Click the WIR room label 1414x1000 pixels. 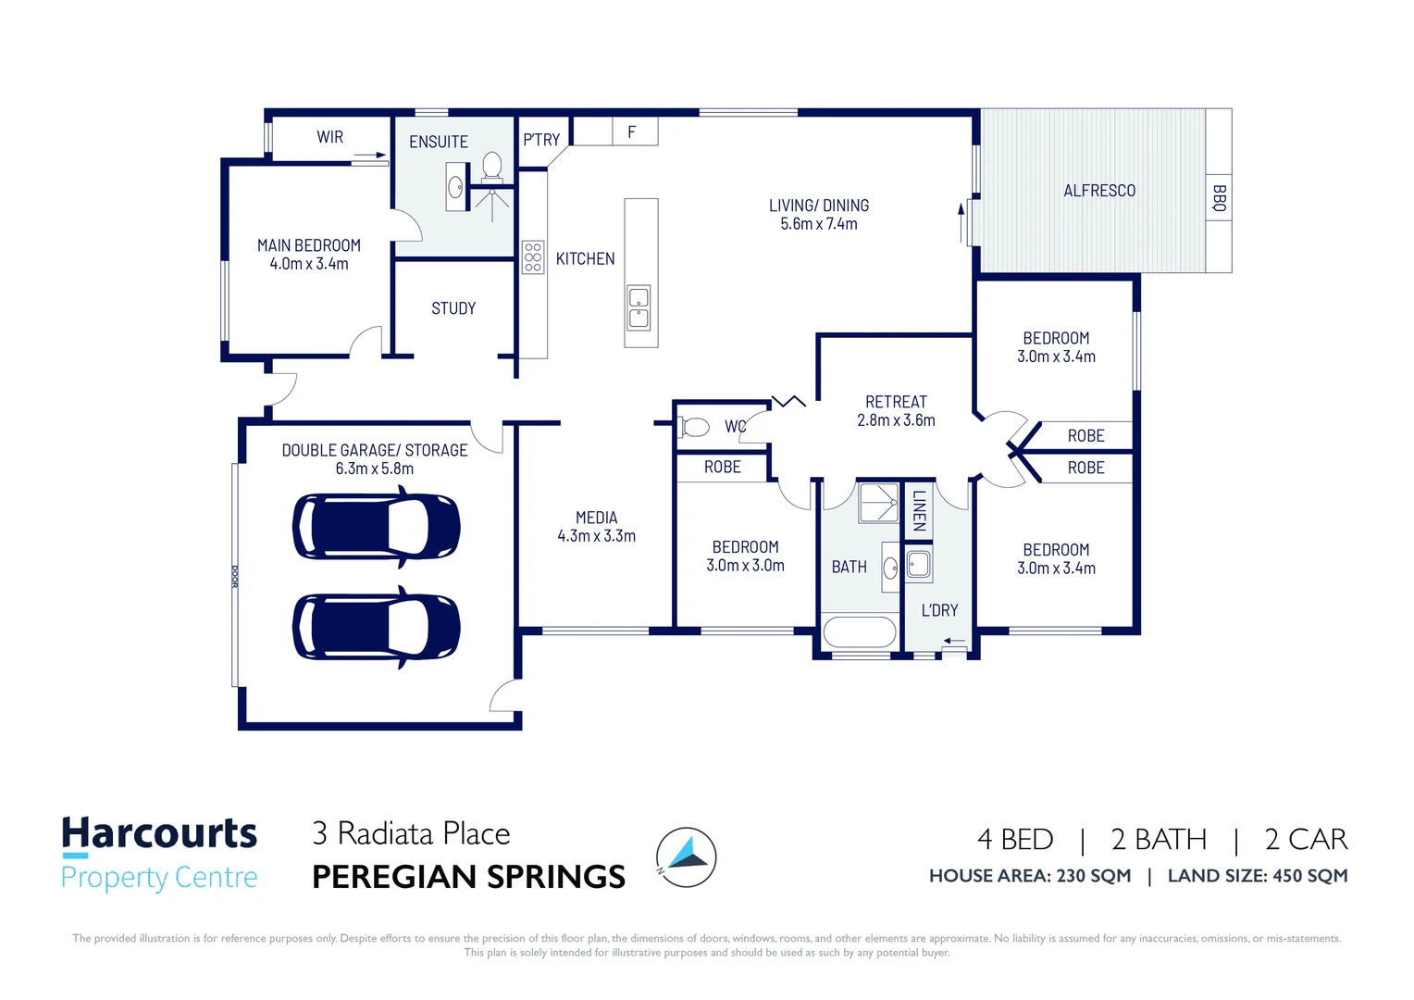(x=329, y=137)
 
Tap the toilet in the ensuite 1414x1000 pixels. (x=492, y=167)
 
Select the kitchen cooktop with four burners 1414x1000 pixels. (x=533, y=256)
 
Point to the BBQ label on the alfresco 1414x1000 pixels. (x=1219, y=198)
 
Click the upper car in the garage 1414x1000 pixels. (x=376, y=527)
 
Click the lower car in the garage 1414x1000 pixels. (x=376, y=627)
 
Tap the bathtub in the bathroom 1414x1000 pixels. (x=859, y=632)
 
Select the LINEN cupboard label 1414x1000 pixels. (x=918, y=510)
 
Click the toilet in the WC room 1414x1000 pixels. (x=695, y=427)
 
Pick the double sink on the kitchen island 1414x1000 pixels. (x=639, y=307)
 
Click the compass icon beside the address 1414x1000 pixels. (x=687, y=856)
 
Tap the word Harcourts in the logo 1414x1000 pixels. (x=159, y=833)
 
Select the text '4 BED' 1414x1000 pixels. (x=1015, y=839)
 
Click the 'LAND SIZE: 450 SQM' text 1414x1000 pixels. (x=1257, y=876)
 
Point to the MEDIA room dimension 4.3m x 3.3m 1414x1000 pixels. (x=596, y=536)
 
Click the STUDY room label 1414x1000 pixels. (x=453, y=308)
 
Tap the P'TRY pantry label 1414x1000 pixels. (x=541, y=140)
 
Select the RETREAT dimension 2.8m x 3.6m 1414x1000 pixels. (x=896, y=420)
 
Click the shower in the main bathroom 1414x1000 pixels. (x=878, y=503)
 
